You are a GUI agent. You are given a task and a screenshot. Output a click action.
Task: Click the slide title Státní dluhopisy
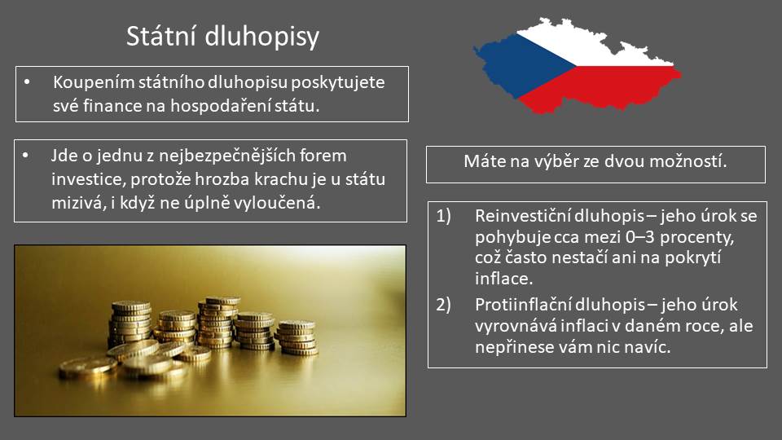[222, 37]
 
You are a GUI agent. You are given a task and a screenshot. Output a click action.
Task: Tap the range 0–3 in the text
[639, 237]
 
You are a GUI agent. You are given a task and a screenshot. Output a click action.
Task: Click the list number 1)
[444, 216]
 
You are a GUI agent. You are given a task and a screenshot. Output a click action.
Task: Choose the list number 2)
[444, 304]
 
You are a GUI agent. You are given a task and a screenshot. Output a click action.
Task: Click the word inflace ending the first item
[503, 279]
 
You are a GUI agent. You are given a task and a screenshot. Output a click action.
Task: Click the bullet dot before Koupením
[27, 81]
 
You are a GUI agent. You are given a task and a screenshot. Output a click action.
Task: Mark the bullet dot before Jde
[25, 156]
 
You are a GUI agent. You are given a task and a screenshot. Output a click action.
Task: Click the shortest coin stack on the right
[297, 337]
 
